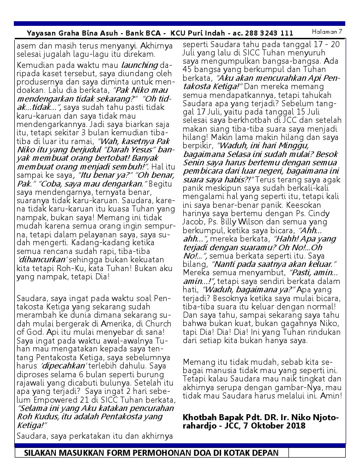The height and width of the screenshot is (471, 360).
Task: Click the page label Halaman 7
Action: coord(327,31)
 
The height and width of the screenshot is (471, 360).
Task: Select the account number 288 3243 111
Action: coord(272,33)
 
